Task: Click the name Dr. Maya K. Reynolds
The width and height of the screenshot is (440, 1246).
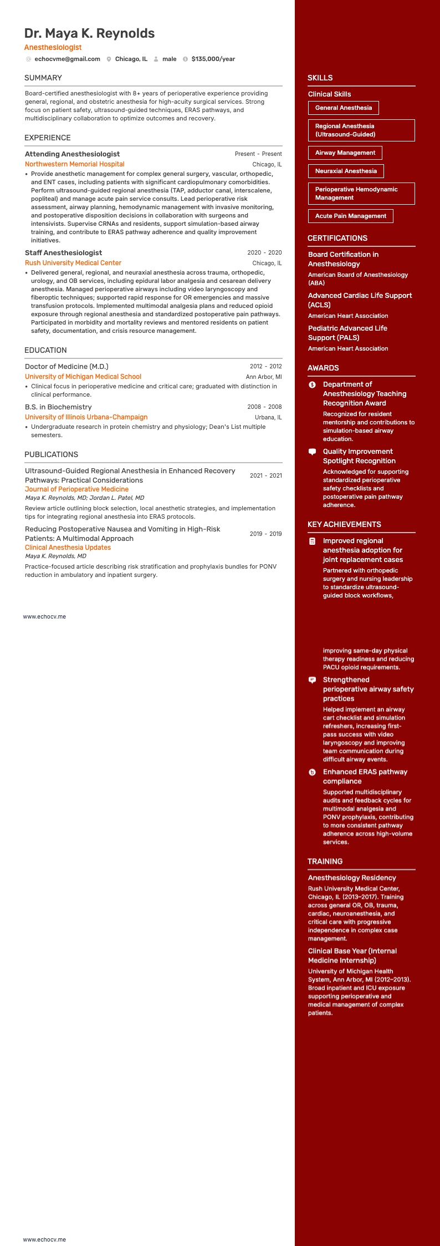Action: (x=89, y=33)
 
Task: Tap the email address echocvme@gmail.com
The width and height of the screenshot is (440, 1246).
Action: (x=67, y=59)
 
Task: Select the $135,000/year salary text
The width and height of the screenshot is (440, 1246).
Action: (x=213, y=59)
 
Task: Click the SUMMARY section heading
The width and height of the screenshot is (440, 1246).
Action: (x=43, y=78)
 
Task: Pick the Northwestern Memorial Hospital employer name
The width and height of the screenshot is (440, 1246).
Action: (x=74, y=164)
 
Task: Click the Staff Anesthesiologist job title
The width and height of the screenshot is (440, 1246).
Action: (x=63, y=253)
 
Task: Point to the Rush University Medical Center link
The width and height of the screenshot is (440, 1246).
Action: (x=73, y=263)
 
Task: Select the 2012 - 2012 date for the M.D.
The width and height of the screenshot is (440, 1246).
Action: (x=265, y=366)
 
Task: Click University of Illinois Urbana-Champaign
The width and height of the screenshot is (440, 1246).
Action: (x=86, y=417)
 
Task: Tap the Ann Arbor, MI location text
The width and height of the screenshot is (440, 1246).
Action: (x=263, y=377)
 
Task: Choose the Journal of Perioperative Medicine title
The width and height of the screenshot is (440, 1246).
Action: (x=76, y=489)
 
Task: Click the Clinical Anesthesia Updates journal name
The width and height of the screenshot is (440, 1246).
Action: (x=68, y=548)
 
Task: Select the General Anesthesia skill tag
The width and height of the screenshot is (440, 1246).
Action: (x=343, y=108)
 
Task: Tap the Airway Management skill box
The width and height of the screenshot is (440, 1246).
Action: (x=345, y=153)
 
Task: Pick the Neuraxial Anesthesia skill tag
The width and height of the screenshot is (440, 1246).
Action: (x=346, y=171)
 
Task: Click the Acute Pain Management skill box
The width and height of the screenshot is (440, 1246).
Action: (x=350, y=216)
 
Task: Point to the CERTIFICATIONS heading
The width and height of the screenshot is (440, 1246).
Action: (x=337, y=238)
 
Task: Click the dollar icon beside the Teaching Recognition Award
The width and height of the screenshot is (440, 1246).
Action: (x=312, y=384)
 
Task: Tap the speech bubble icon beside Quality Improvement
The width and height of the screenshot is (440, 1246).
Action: (x=312, y=452)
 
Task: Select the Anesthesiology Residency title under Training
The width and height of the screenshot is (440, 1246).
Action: (x=352, y=878)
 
